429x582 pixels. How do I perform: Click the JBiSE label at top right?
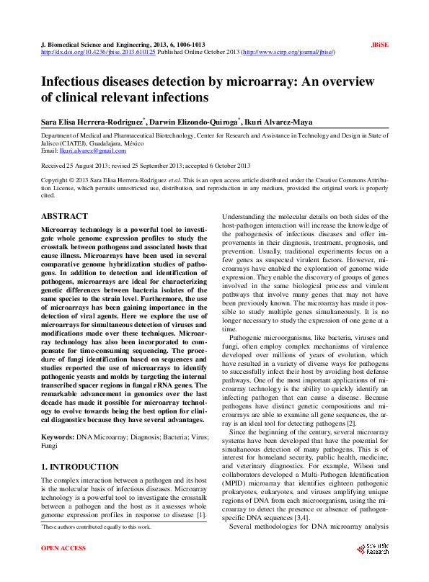(379, 45)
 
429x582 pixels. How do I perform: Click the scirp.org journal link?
(288, 53)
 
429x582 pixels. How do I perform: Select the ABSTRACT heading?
(64, 216)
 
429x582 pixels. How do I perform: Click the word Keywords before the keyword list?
(58, 417)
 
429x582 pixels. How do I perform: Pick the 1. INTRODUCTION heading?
(80, 447)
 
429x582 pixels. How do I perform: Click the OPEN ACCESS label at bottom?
(63, 549)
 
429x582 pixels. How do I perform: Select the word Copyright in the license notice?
(57, 180)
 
